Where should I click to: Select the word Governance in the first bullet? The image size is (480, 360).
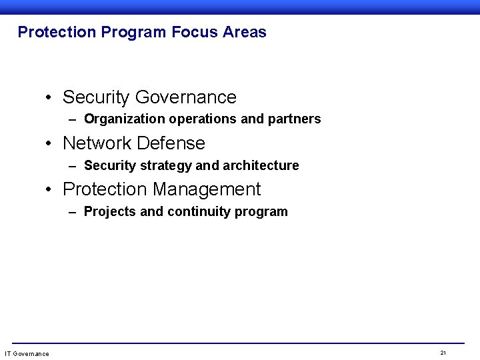[x=185, y=97]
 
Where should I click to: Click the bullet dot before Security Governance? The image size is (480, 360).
[x=49, y=98]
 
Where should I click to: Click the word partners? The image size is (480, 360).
[x=294, y=119]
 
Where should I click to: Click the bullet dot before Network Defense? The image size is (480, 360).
[x=49, y=144]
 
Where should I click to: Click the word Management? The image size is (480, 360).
[x=207, y=189]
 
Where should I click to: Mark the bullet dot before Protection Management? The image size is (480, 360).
[x=49, y=190]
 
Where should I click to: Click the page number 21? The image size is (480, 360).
[x=443, y=352]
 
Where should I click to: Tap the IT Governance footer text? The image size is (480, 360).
[x=27, y=353]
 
